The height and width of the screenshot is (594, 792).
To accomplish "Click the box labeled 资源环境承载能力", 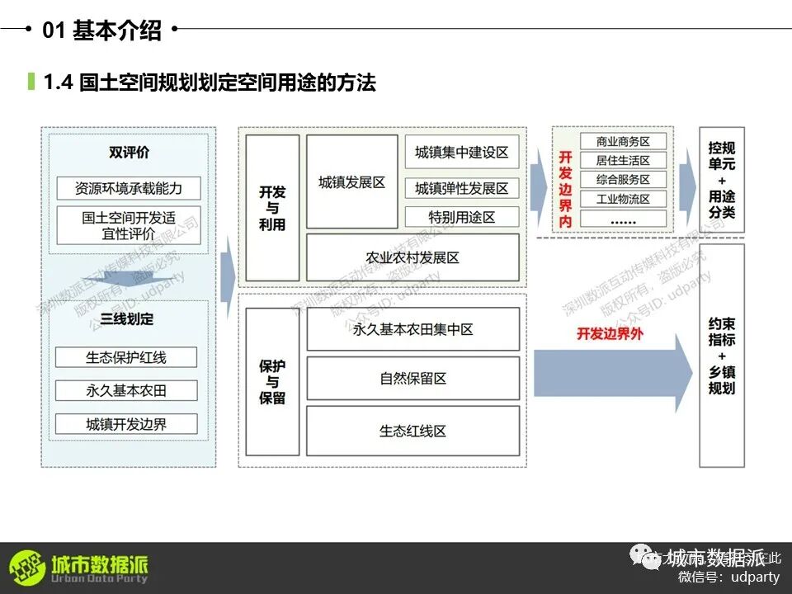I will (x=128, y=188).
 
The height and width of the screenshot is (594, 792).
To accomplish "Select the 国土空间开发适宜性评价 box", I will (x=128, y=225).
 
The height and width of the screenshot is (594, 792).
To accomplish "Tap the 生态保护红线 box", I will (x=126, y=357).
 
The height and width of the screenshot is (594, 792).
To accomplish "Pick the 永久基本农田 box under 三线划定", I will (x=126, y=390).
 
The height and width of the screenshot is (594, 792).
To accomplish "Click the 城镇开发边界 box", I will (x=126, y=424).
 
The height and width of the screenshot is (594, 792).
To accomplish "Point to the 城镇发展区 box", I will (x=351, y=182).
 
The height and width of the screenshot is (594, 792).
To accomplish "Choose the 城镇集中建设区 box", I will (x=461, y=153).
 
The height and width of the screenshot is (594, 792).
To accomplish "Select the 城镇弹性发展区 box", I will (x=461, y=188).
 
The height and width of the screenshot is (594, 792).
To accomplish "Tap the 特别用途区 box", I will (x=461, y=217).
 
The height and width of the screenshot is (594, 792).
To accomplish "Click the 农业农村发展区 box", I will (x=412, y=257).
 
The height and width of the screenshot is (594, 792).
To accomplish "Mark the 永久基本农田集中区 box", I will (x=412, y=329).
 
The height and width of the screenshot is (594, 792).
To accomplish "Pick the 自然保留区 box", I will (x=412, y=379).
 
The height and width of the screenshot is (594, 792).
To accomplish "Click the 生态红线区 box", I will (x=412, y=431).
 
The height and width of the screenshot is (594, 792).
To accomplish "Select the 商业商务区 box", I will (x=623, y=142).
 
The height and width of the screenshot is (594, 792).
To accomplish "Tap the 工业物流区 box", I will (x=623, y=199).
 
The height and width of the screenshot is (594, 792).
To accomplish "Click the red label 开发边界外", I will (x=610, y=334).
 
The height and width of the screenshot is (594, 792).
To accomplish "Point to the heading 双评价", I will (x=129, y=153).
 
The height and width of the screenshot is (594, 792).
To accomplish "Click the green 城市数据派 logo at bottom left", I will (x=79, y=568).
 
